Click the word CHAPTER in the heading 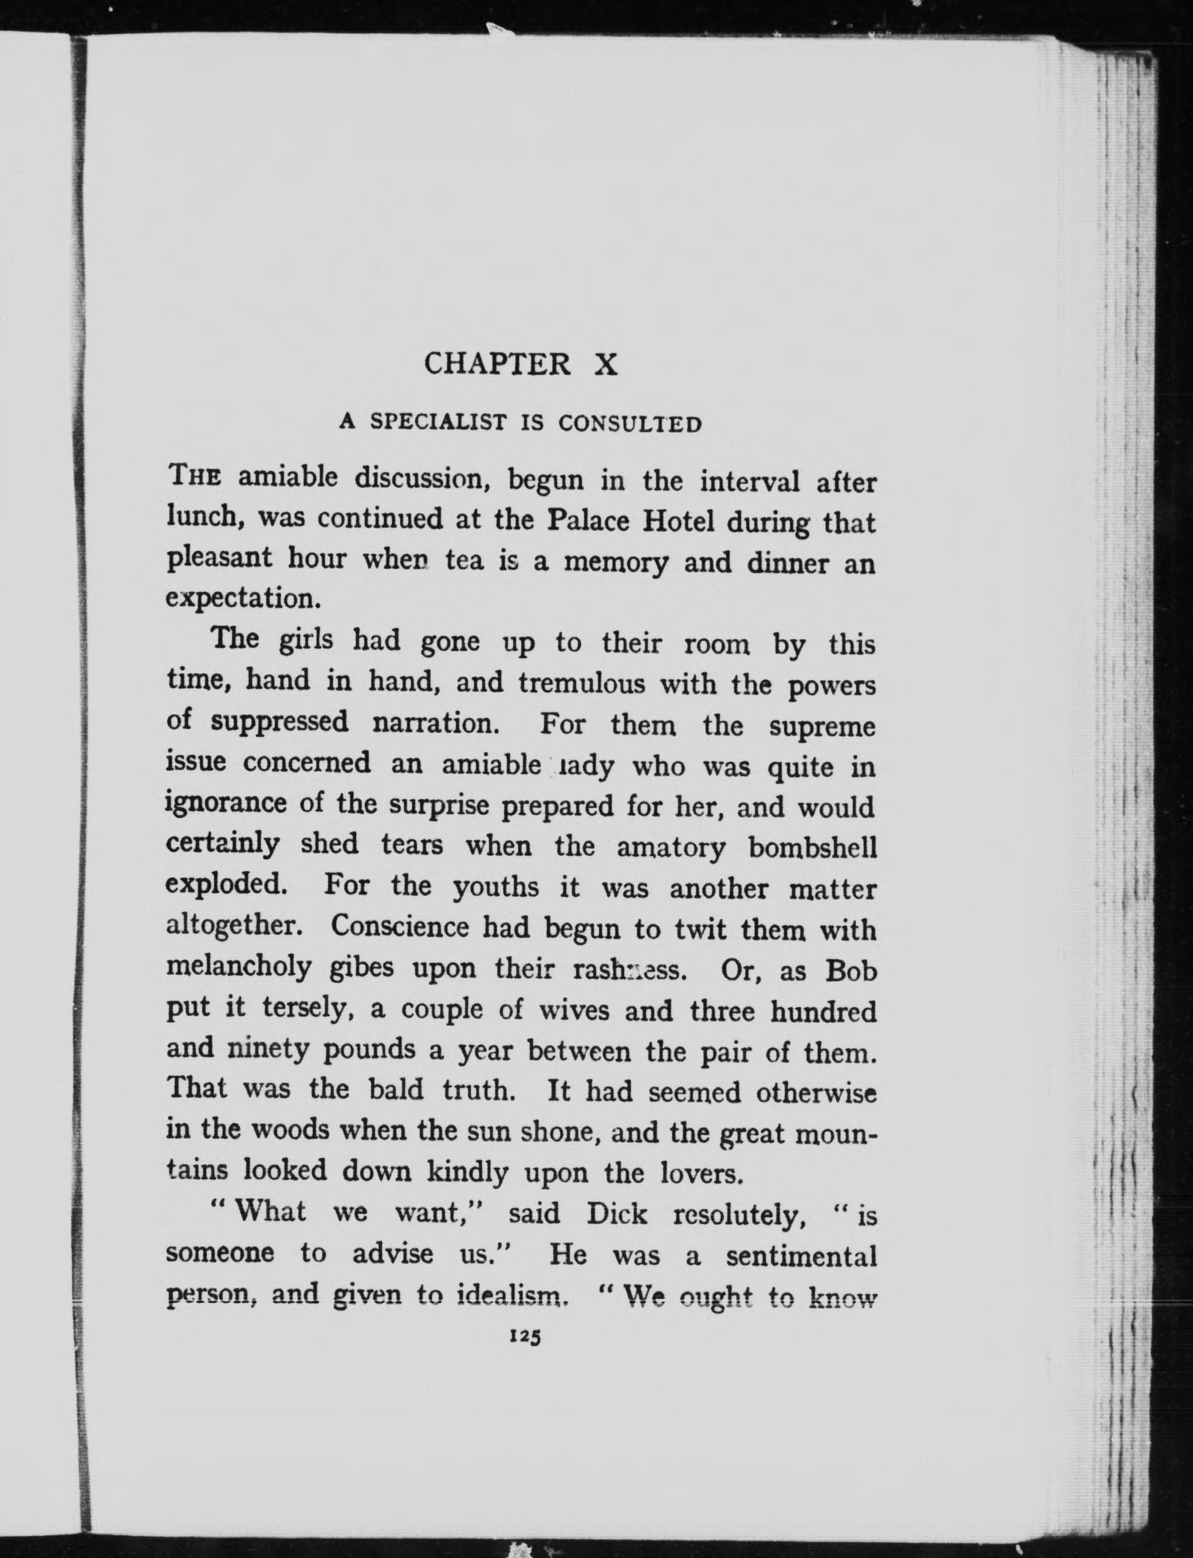point(497,364)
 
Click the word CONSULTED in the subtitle point(630,424)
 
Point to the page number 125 point(526,1336)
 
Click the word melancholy point(239,968)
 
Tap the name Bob point(852,971)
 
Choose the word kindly point(467,1172)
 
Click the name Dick point(616,1214)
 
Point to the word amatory point(671,848)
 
